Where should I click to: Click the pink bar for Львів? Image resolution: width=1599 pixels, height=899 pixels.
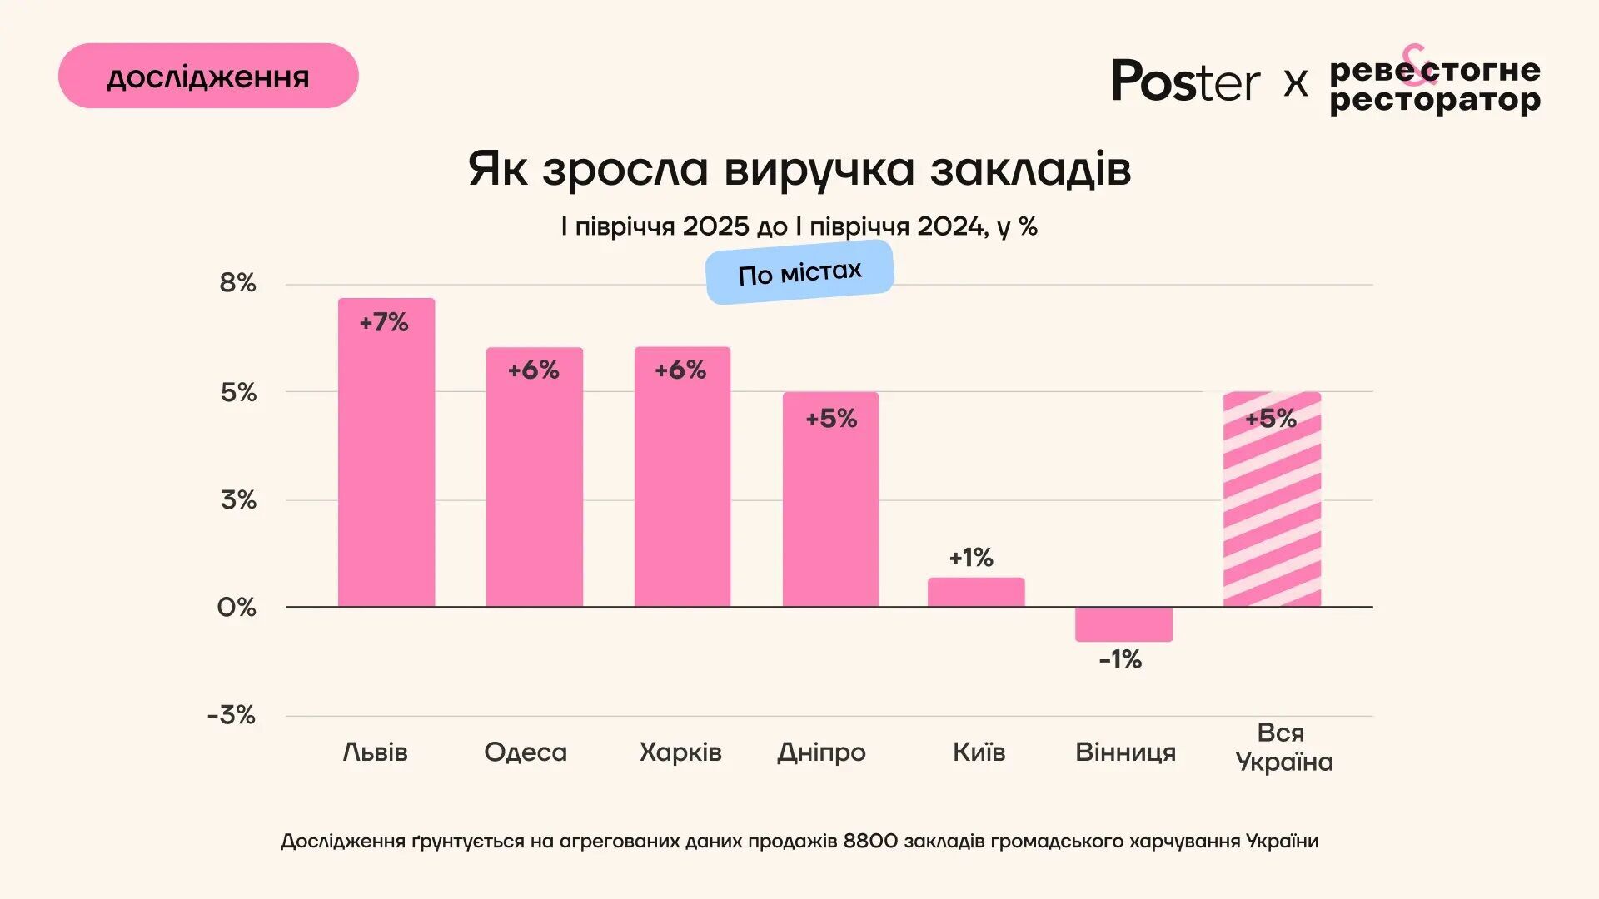386,466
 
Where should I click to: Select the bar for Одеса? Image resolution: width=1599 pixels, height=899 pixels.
534,491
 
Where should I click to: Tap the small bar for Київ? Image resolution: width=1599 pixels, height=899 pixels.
976,593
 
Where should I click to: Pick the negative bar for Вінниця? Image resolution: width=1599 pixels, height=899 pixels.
1123,624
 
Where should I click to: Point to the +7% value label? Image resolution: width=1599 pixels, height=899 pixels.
384,323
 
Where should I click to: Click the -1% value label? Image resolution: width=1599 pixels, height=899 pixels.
1120,660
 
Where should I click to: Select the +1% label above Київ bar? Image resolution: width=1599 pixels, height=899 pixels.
971,558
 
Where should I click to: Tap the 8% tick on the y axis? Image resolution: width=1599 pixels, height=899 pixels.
237,283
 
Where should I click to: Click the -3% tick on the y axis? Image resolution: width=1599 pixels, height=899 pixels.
232,715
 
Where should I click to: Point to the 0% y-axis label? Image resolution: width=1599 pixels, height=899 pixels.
237,608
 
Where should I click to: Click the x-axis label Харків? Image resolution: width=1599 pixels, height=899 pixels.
680,752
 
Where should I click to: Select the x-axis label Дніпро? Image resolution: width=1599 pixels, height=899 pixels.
821,752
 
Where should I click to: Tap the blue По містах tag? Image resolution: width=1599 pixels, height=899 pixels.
799,272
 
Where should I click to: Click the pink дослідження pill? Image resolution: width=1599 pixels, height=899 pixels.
208,77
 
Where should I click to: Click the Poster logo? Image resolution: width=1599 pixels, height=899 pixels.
1186,82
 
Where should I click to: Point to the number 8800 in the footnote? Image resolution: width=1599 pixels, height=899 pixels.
870,842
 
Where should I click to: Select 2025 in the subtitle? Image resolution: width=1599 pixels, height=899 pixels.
716,226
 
